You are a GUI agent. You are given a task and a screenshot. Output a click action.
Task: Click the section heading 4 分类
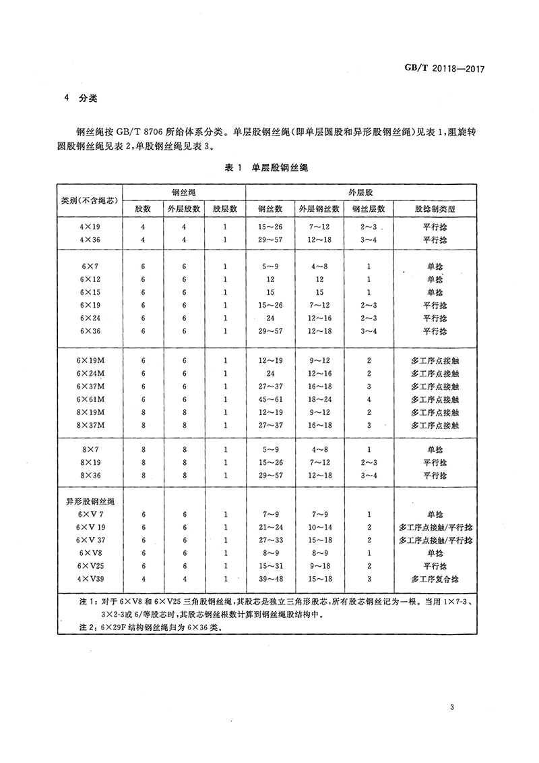(81, 97)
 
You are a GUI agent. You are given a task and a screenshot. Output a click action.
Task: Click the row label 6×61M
(90, 399)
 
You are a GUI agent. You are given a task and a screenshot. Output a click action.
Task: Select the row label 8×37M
(90, 425)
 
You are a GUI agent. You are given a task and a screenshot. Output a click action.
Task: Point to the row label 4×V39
(90, 579)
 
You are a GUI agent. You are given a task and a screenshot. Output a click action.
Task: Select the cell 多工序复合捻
(435, 579)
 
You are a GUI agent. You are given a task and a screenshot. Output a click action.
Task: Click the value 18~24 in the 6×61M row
(319, 399)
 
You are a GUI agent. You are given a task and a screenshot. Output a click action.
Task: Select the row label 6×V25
(90, 566)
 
